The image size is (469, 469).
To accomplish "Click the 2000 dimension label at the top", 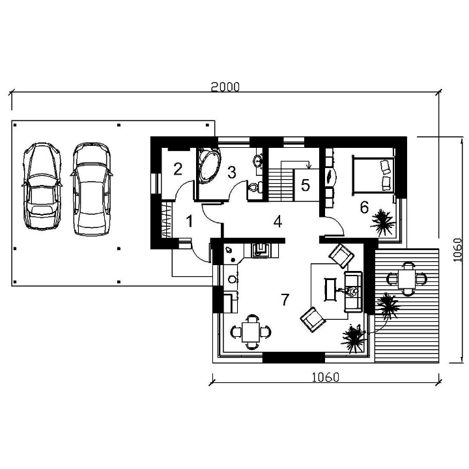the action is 225,87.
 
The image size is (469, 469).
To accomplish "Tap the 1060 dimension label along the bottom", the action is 326,377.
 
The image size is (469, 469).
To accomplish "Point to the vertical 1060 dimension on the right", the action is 457,249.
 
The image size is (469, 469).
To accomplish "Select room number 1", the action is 190,221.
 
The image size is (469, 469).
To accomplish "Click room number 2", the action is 178,169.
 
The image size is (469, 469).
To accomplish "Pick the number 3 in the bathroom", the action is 231,172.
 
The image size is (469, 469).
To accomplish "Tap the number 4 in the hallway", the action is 278,221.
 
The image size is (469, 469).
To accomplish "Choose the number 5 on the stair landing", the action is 306,185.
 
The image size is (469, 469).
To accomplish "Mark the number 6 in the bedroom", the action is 364,207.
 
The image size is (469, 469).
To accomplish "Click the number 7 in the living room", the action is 285,300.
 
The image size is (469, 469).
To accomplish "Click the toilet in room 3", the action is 255,188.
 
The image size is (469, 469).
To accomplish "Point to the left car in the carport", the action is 42,186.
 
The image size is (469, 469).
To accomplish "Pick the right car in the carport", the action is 92,189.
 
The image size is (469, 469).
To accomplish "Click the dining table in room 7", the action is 251,332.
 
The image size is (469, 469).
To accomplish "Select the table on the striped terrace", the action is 406,279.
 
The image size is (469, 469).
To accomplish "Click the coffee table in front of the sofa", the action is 331,289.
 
